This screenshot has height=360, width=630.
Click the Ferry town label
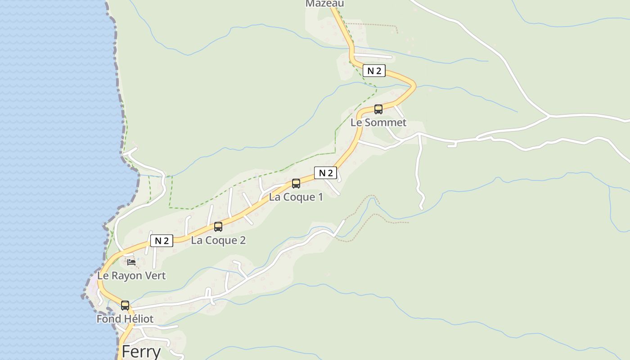[x=141, y=351]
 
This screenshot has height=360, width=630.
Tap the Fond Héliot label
[x=125, y=319]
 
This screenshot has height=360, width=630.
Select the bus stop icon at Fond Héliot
[x=125, y=306]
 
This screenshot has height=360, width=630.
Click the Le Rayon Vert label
[x=131, y=276]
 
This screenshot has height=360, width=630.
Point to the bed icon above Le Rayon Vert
[x=131, y=262]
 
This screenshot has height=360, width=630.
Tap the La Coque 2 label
[x=218, y=240]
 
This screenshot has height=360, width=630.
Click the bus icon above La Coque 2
[x=218, y=227]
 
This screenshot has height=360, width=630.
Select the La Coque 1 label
[x=296, y=197]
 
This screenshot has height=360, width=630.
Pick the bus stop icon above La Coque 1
[x=296, y=184]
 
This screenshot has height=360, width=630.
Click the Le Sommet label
[x=378, y=122]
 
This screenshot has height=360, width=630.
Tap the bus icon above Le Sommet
[x=378, y=109]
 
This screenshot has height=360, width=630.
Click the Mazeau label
[x=324, y=4]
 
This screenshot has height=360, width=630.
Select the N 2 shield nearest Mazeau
[x=374, y=71]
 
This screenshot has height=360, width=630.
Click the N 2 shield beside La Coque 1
[x=325, y=173]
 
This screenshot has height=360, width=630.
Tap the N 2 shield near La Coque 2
[x=162, y=241]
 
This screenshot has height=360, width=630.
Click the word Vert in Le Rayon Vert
[x=155, y=276]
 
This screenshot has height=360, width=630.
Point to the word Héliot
[x=139, y=319]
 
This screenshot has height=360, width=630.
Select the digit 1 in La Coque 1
[x=320, y=197]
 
